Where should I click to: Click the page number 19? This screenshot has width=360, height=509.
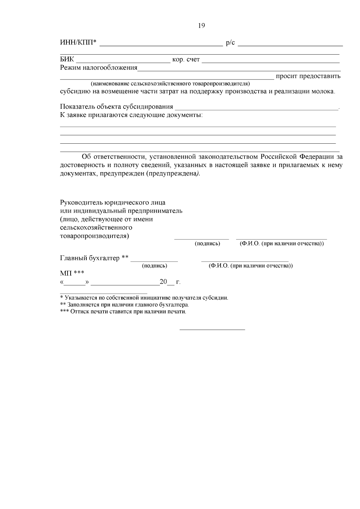202,26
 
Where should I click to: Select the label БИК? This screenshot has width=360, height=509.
67,60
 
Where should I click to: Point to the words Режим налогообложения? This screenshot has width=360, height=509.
99,68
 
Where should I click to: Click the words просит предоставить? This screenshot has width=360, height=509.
308,76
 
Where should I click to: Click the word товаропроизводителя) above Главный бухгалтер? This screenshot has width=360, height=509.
94,236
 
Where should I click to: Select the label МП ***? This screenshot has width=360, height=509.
72,273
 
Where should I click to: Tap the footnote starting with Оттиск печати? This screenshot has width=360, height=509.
123,312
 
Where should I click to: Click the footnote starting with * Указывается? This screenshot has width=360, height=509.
144,298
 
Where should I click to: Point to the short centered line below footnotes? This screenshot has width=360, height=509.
212,330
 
